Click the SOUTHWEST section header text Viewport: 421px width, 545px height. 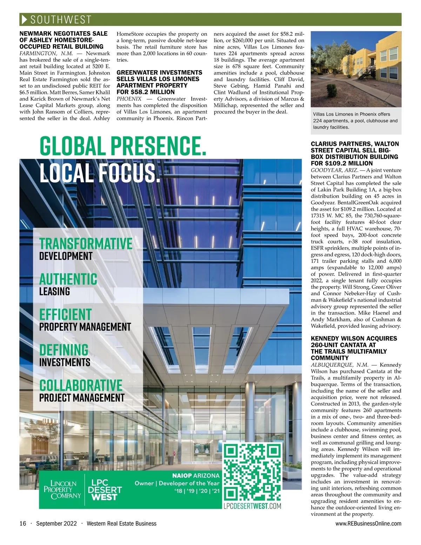click(x=61, y=20)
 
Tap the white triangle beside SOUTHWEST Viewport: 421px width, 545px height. click(x=24, y=20)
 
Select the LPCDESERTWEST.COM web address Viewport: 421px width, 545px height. click(x=252, y=506)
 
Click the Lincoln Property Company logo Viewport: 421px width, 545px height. click(x=62, y=490)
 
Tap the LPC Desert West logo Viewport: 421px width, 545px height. click(x=105, y=490)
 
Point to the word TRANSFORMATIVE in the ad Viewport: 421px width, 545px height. click(x=86, y=244)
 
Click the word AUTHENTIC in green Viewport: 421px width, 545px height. click(x=68, y=279)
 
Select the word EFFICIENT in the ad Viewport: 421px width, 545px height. click(x=65, y=314)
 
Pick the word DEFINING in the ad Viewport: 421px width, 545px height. click(x=64, y=350)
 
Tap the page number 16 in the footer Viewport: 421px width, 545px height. click(x=23, y=524)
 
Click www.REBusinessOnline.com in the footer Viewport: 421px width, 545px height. click(x=368, y=524)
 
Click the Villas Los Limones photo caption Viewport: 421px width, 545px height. click(x=355, y=121)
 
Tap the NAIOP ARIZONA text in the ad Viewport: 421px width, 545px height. click(x=196, y=476)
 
